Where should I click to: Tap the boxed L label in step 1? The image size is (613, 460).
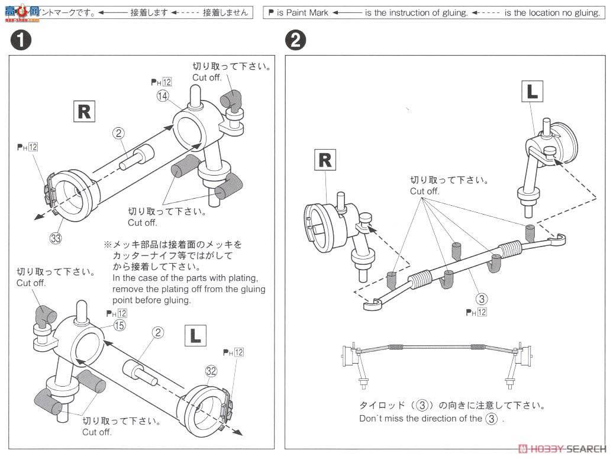pyautogui.click(x=195, y=335)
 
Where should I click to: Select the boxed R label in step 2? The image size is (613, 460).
pyautogui.click(x=325, y=160)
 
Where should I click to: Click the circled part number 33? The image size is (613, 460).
pyautogui.click(x=56, y=239)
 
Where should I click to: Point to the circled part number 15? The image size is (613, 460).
pyautogui.click(x=120, y=325)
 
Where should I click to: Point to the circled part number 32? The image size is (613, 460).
pyautogui.click(x=212, y=371)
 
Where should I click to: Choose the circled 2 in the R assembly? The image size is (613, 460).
pyautogui.click(x=118, y=133)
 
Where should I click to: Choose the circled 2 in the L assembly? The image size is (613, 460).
pyautogui.click(x=157, y=332)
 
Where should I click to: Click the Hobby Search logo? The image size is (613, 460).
pyautogui.click(x=559, y=449)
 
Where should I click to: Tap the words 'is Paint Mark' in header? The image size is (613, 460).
pyautogui.click(x=303, y=12)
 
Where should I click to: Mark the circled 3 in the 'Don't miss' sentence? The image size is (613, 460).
pyautogui.click(x=491, y=419)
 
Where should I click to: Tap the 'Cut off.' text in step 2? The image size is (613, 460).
pyautogui.click(x=425, y=191)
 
